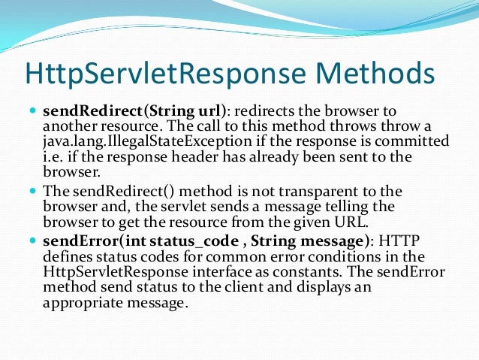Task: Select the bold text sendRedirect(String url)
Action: tap(131, 111)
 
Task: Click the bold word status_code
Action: tap(185, 242)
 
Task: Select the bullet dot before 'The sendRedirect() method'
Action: tap(32, 192)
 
